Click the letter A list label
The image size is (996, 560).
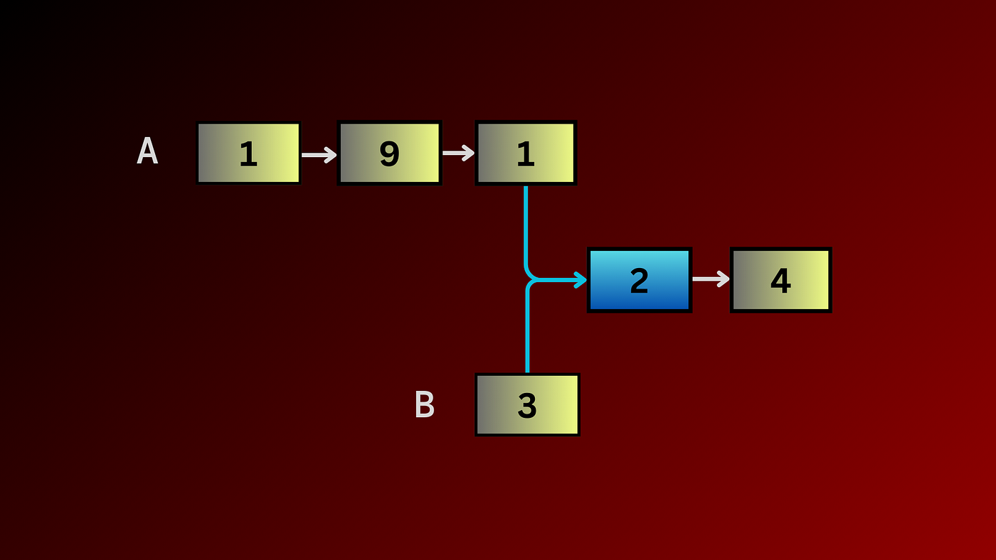tap(147, 151)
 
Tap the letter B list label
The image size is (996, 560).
tap(425, 405)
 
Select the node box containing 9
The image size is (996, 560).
tap(389, 153)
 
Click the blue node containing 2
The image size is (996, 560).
tap(639, 280)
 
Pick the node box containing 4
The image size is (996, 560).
tap(780, 280)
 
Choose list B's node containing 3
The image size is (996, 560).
tap(527, 405)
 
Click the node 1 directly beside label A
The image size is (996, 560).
tap(248, 153)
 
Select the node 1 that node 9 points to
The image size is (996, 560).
tap(526, 153)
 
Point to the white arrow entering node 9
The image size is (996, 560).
tap(319, 154)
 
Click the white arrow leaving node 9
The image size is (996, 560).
tap(458, 153)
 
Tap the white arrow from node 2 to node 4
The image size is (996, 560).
tap(710, 279)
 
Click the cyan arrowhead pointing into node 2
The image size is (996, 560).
tap(581, 280)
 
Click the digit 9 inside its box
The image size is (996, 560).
tap(389, 154)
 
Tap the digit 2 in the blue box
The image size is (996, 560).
tap(639, 281)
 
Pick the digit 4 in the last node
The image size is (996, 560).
tap(780, 281)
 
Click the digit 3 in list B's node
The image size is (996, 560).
tap(527, 406)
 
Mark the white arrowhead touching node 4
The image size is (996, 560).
tap(724, 279)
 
